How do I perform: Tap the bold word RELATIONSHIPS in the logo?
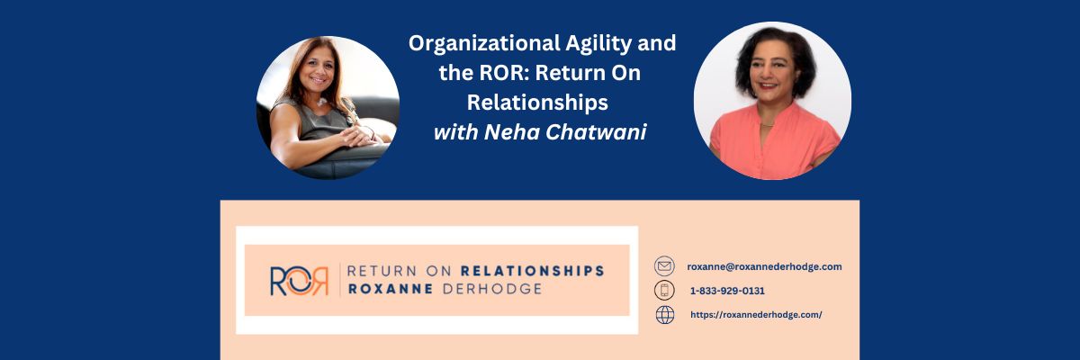(x=532, y=270)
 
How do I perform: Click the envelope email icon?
(x=664, y=266)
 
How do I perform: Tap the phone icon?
(x=664, y=291)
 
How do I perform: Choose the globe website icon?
(x=664, y=315)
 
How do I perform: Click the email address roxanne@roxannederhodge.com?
(x=764, y=266)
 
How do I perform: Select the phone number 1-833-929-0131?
(x=727, y=291)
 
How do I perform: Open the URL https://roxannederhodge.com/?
(x=756, y=315)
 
